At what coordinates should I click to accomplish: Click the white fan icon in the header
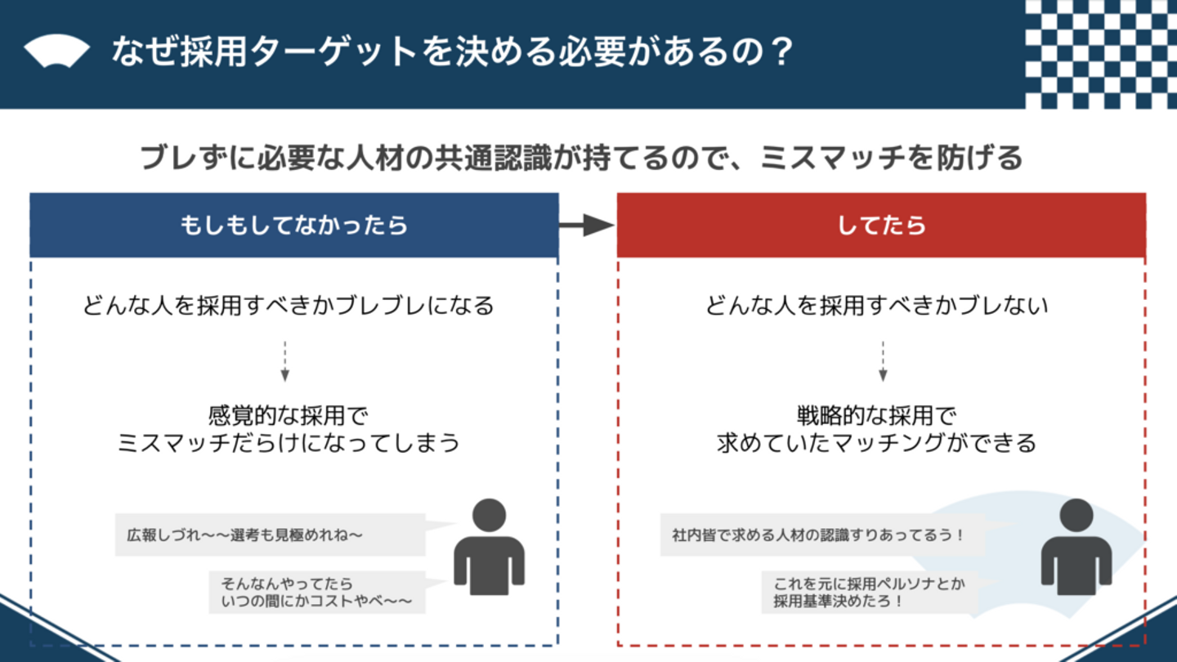pos(56,52)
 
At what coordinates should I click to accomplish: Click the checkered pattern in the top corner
pos(1100,54)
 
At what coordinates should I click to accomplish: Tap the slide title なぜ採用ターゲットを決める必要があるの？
pos(453,52)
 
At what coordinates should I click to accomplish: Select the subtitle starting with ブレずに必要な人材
pos(581,156)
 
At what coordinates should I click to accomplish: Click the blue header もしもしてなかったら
pos(294,226)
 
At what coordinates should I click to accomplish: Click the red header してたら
pos(881,226)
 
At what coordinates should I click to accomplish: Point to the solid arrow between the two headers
pos(587,226)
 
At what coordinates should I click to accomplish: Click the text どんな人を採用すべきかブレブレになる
pos(289,306)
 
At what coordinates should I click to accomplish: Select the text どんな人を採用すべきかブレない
pos(877,306)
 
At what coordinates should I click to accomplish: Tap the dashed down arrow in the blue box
pos(284,361)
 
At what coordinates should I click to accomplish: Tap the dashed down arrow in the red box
pos(883,361)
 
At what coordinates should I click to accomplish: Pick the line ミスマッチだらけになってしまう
pos(289,443)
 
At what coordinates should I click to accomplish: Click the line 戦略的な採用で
pos(877,415)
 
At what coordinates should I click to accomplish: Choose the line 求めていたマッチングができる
pos(876,443)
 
